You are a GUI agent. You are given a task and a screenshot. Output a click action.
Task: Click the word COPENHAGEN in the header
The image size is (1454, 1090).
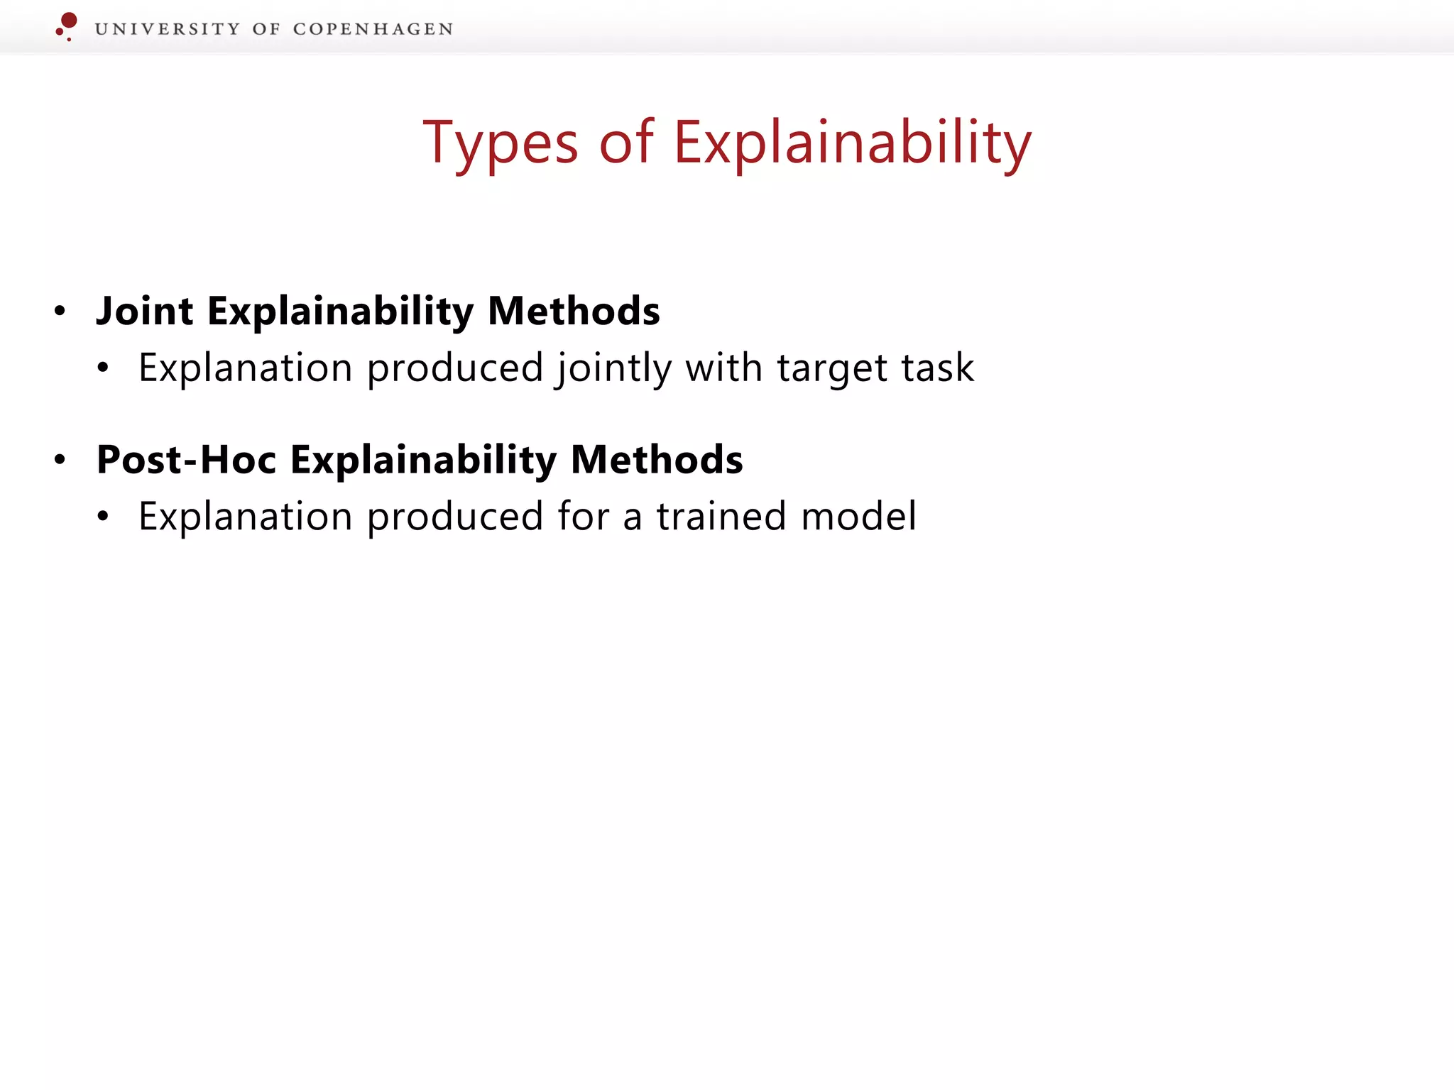tap(373, 29)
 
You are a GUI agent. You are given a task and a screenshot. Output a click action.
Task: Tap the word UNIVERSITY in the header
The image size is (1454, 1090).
tap(168, 29)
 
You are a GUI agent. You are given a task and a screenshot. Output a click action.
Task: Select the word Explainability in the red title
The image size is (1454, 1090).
tap(852, 143)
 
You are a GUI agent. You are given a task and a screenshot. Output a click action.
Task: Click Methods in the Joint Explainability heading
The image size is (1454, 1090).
tap(574, 312)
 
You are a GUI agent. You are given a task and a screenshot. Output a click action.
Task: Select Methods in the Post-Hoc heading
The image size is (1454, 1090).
tap(657, 460)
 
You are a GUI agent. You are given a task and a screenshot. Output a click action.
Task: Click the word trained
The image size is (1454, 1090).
tap(721, 517)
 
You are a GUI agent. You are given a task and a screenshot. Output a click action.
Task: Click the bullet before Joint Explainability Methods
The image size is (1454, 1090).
tap(60, 311)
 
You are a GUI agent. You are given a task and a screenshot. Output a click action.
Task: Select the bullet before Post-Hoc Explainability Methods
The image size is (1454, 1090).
tap(60, 460)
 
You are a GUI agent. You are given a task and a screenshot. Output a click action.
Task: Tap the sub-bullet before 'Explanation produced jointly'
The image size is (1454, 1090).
tap(103, 368)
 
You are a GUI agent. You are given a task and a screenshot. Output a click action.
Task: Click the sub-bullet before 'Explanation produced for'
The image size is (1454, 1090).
tap(103, 517)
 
